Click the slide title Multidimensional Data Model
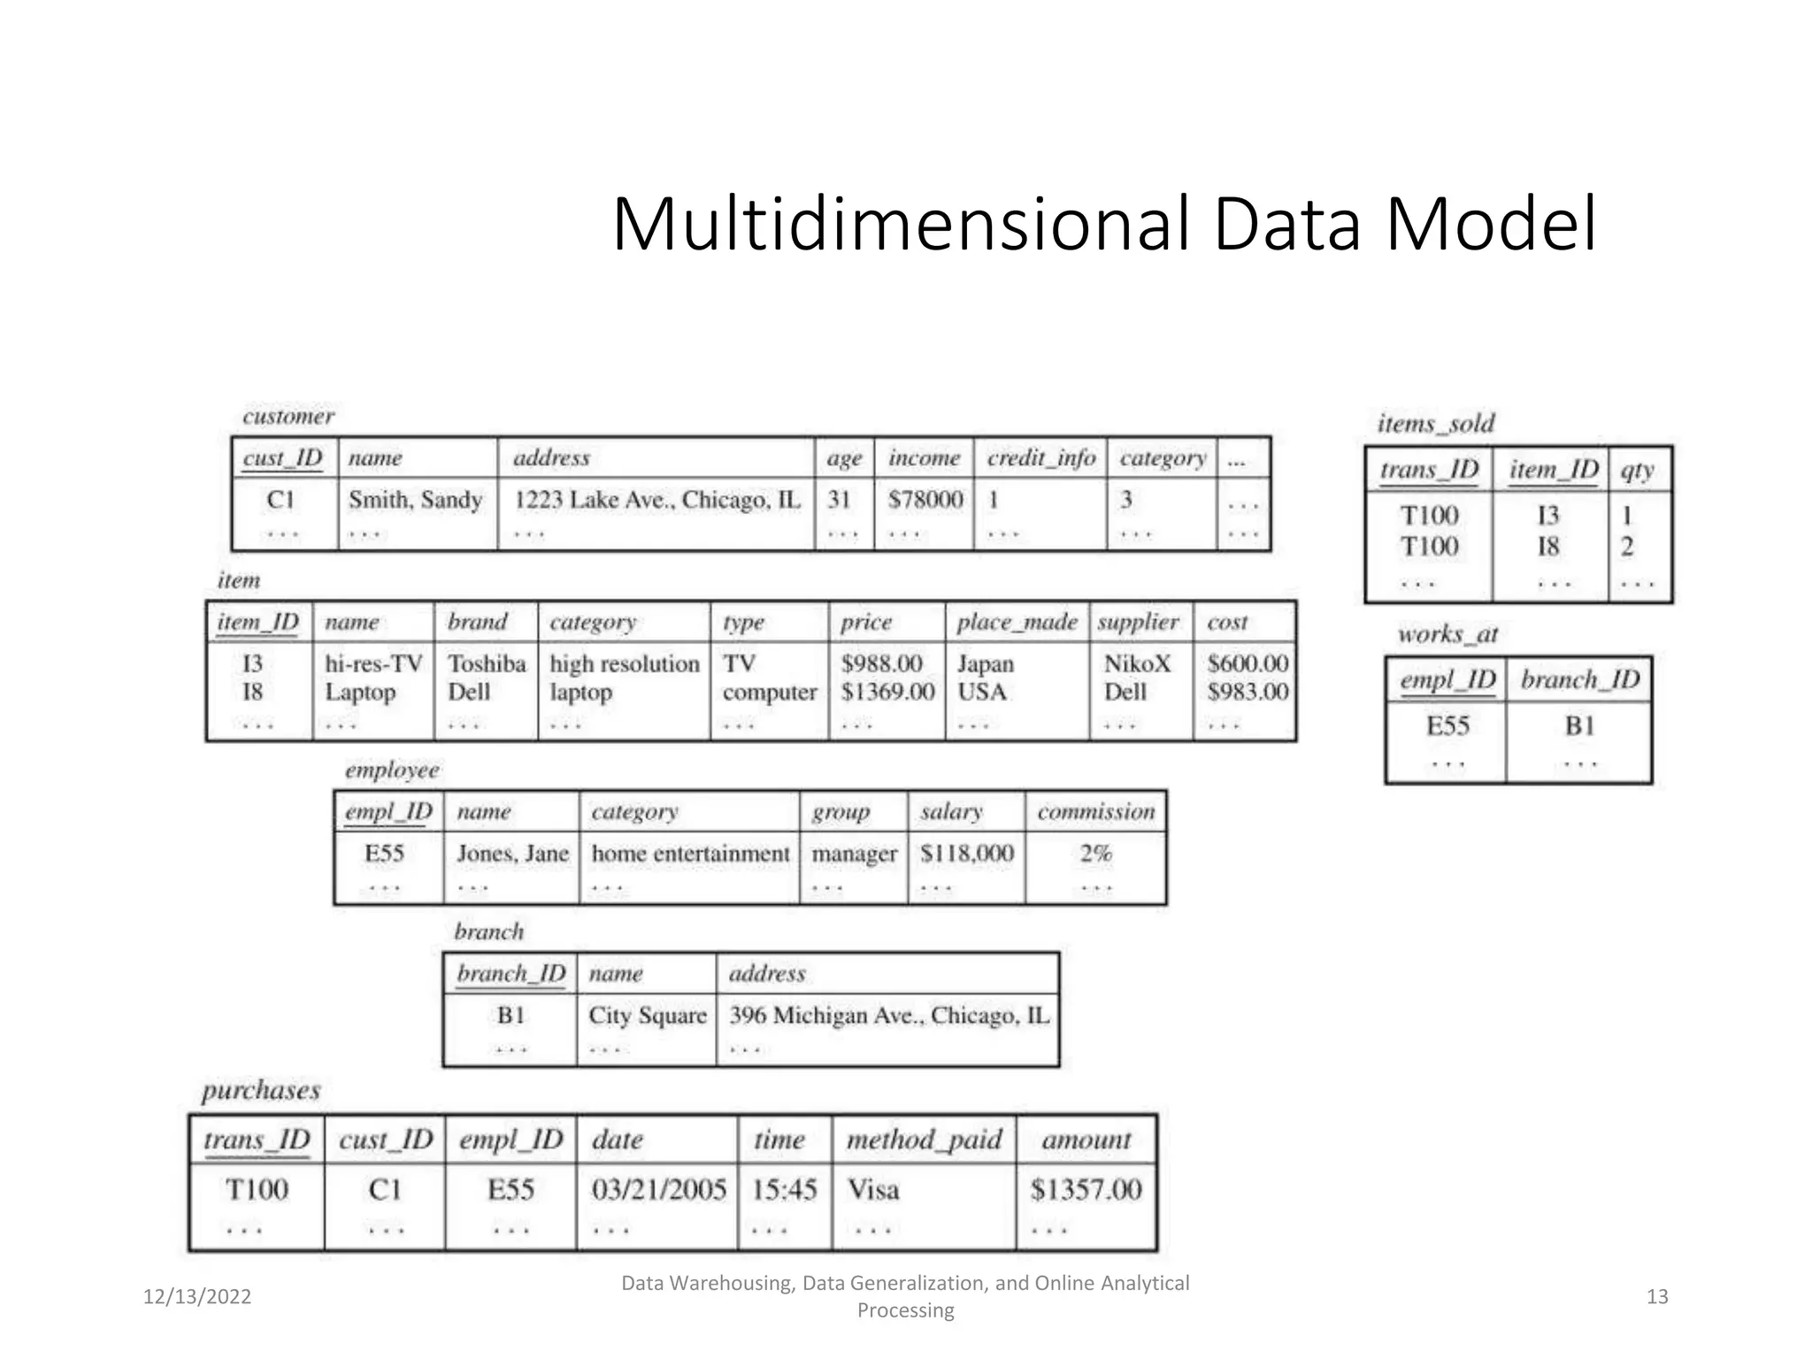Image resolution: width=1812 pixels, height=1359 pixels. click(1104, 225)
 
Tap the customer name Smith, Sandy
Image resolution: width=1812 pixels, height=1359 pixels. click(415, 500)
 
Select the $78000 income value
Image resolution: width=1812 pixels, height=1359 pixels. click(925, 500)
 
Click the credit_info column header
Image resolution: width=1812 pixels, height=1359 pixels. click(1040, 458)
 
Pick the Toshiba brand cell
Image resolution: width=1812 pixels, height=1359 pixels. click(486, 664)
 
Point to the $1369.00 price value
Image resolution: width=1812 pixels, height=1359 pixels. click(887, 692)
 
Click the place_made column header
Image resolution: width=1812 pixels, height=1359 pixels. click(1017, 622)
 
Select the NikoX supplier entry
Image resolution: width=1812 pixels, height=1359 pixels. click(1137, 664)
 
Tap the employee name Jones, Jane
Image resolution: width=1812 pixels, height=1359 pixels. click(512, 854)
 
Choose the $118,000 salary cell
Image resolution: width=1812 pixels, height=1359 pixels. click(966, 854)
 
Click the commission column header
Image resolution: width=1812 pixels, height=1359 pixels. click(1095, 812)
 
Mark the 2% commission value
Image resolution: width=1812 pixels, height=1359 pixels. click(1095, 854)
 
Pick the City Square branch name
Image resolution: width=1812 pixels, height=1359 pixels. click(648, 1016)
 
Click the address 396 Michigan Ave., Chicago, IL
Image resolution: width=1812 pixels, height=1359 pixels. click(888, 1016)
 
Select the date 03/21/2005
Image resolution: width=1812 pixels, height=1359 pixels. click(658, 1190)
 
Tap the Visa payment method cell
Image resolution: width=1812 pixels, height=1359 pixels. click(873, 1190)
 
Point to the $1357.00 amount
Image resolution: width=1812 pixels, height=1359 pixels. click(1086, 1190)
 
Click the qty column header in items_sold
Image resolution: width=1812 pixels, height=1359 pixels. click(1637, 470)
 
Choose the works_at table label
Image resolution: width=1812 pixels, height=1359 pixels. click(1447, 634)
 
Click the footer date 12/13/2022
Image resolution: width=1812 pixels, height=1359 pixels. click(197, 1297)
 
